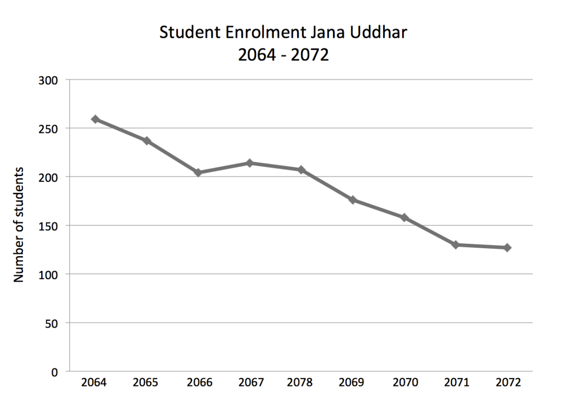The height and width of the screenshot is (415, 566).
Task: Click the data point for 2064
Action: point(95,119)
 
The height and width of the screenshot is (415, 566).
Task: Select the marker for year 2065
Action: point(147,141)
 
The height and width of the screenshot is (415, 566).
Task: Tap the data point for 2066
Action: point(198,173)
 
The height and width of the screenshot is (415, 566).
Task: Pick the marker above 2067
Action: point(250,163)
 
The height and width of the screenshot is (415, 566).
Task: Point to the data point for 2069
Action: point(353,200)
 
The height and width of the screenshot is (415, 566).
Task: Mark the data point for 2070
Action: point(405,217)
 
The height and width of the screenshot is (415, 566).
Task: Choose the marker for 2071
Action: point(456,245)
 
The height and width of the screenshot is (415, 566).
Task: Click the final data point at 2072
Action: point(507,248)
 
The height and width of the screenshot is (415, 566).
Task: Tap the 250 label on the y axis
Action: point(50,128)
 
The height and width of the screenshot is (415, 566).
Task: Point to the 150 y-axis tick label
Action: point(50,226)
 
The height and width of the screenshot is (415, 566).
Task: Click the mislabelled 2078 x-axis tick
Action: point(301,383)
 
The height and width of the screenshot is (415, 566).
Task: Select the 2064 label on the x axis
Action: point(95,383)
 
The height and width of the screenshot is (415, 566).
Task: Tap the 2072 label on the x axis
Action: point(507,383)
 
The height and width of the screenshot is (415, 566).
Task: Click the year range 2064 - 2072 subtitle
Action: point(283,55)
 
